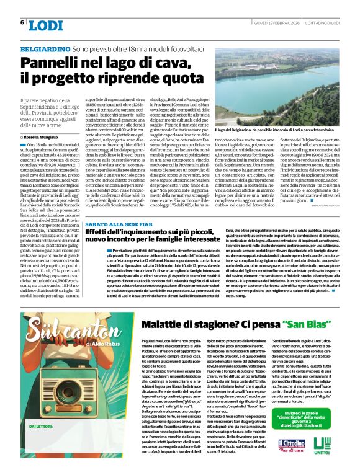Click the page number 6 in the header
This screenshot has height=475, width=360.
click(x=22, y=22)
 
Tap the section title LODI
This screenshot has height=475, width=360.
click(x=46, y=25)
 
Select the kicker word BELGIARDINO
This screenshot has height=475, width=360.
click(x=44, y=48)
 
